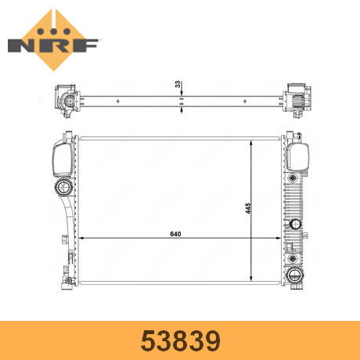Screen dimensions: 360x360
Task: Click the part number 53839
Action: click(181, 340)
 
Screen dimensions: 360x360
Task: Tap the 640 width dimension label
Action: click(175, 234)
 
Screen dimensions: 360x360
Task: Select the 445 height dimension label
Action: click(248, 208)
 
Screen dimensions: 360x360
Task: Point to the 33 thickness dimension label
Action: click(178, 84)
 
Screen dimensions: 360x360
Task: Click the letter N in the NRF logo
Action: click(21, 45)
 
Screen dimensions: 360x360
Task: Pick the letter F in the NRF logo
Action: click(85, 45)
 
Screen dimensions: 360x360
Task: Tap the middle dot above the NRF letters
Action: click(54, 31)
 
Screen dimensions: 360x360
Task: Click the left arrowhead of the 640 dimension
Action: click(81, 238)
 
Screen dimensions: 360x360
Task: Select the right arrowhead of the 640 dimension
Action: click(279, 238)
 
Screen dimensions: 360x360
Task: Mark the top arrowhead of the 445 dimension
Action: click(251, 143)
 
